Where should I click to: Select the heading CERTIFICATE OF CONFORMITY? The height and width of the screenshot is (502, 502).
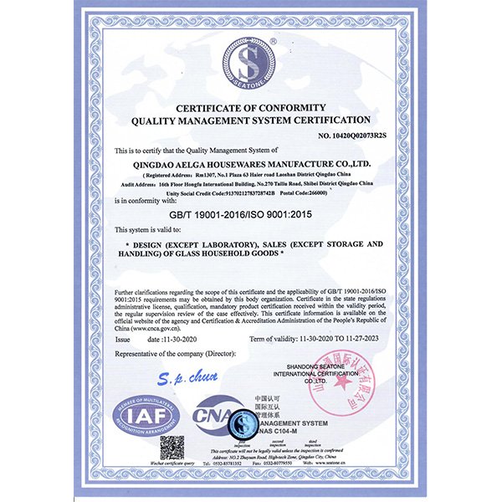click(251, 106)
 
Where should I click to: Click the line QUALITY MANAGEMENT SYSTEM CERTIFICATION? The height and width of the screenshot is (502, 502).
click(251, 120)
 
